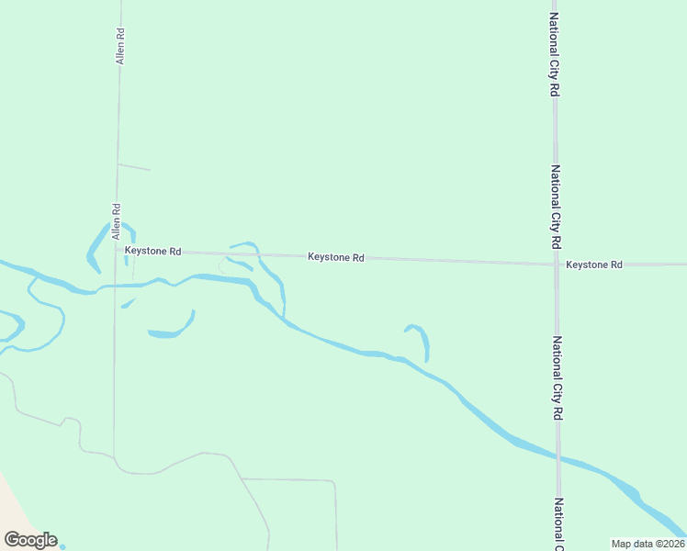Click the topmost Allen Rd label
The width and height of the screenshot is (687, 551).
click(119, 46)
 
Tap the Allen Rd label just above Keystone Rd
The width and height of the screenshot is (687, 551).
click(117, 221)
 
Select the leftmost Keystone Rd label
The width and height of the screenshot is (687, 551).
click(153, 251)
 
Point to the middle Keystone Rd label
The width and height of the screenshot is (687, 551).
click(336, 258)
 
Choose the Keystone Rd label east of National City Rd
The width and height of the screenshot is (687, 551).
click(594, 264)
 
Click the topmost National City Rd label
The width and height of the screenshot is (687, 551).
click(554, 55)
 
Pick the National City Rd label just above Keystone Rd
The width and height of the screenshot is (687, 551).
click(555, 208)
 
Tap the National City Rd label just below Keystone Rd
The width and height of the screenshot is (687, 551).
click(557, 378)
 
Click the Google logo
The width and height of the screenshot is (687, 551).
click(30, 540)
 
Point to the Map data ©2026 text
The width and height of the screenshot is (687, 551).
click(647, 544)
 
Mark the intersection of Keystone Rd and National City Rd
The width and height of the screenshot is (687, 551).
click(556, 264)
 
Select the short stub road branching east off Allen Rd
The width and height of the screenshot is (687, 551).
click(134, 167)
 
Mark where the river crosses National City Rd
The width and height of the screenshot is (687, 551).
click(558, 456)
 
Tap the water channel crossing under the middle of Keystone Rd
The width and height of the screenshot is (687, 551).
click(260, 254)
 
